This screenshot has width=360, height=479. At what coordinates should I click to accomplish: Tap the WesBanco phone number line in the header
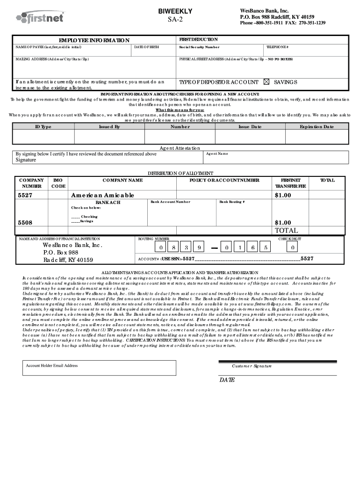282,23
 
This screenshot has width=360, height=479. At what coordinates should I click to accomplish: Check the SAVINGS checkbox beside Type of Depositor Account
267,82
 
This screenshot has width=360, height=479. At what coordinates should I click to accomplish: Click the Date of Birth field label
146,47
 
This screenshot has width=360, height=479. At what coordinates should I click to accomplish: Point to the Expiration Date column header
317,127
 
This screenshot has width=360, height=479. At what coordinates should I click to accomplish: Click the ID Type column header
43,127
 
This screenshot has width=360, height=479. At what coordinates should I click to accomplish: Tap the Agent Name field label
217,153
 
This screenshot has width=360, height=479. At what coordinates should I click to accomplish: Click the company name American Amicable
102,195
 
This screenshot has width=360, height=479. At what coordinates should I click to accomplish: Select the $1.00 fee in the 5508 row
283,223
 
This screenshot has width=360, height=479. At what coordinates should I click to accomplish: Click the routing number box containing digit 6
252,247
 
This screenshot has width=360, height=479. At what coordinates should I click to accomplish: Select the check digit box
293,247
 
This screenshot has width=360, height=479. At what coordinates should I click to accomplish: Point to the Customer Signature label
252,366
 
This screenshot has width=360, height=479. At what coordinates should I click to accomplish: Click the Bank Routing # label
232,202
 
